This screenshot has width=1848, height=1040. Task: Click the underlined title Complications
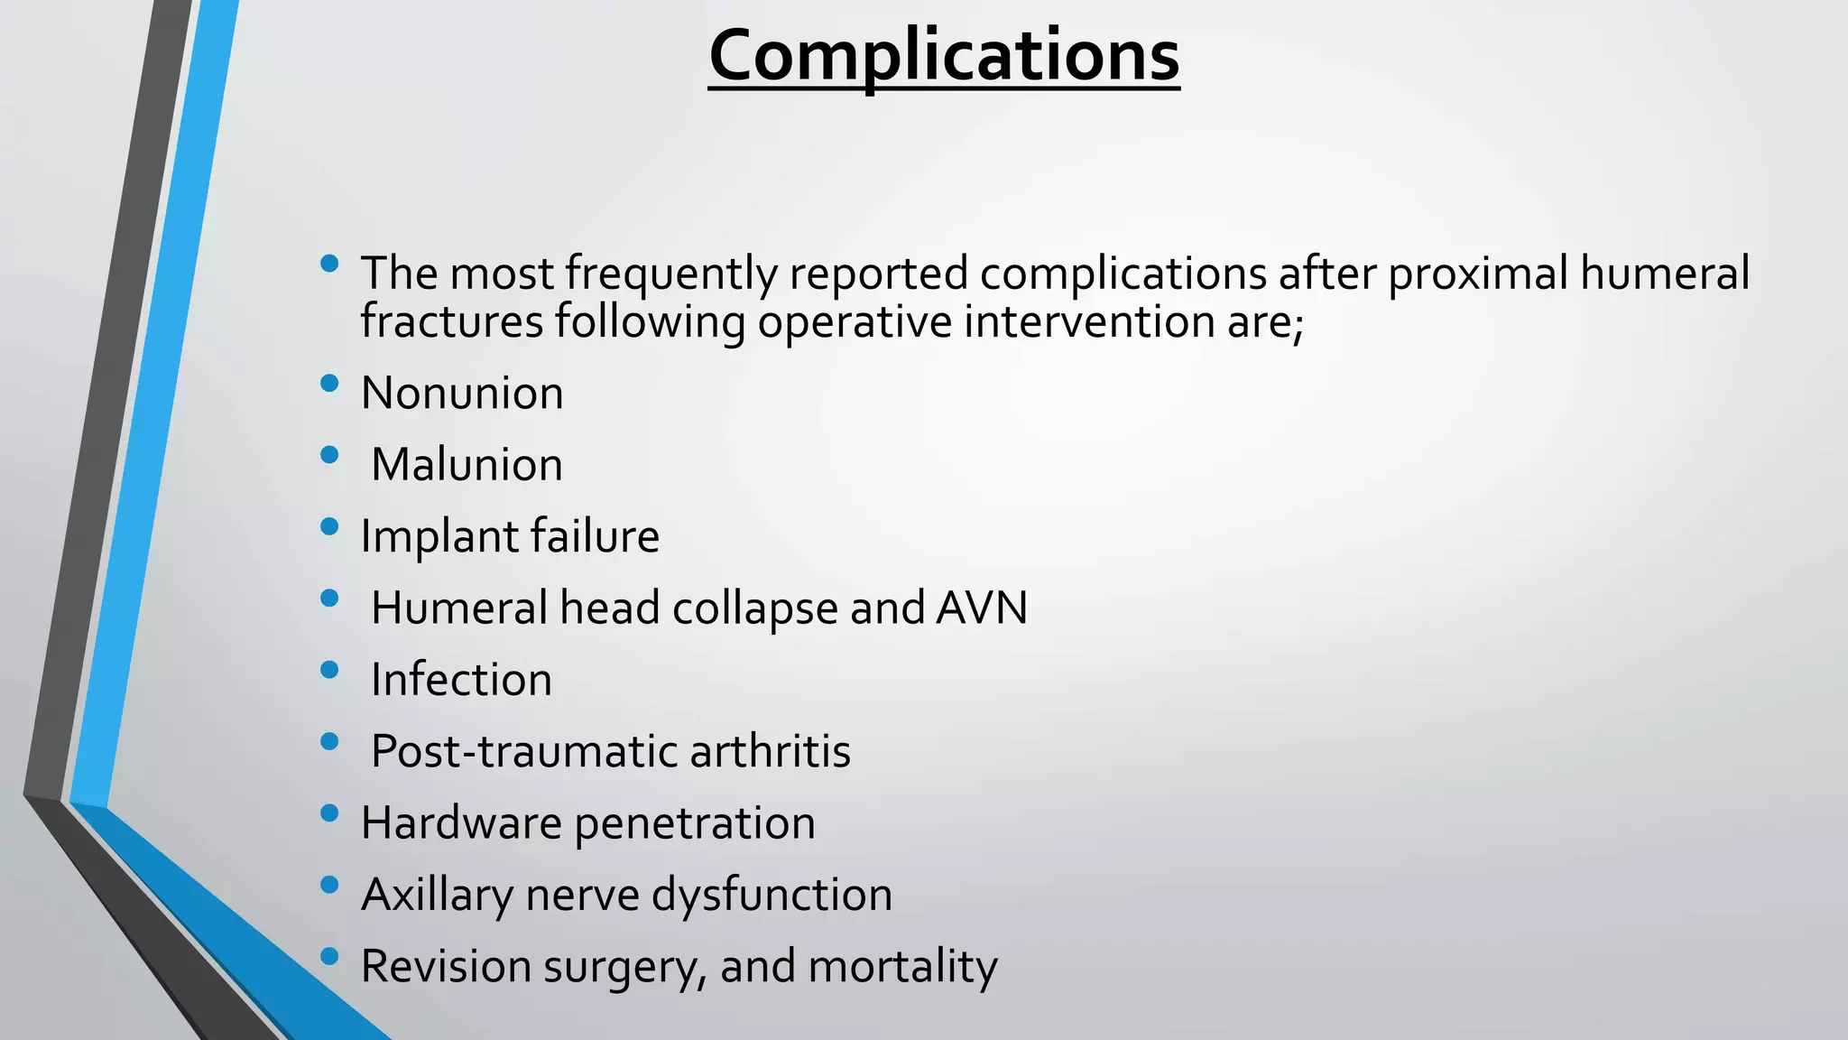click(944, 56)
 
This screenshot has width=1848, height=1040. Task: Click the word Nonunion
click(462, 394)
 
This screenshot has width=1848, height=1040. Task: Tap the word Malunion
click(467, 465)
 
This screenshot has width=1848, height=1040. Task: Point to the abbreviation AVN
click(982, 608)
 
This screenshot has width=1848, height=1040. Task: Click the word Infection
click(461, 680)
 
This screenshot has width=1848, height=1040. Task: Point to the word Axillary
click(437, 896)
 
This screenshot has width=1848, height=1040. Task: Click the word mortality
click(902, 967)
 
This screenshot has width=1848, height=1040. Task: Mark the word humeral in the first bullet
click(1664, 273)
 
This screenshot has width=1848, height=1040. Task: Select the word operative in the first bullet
click(855, 321)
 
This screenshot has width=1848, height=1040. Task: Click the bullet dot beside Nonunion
click(329, 384)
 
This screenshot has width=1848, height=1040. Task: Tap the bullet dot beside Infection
click(329, 670)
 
